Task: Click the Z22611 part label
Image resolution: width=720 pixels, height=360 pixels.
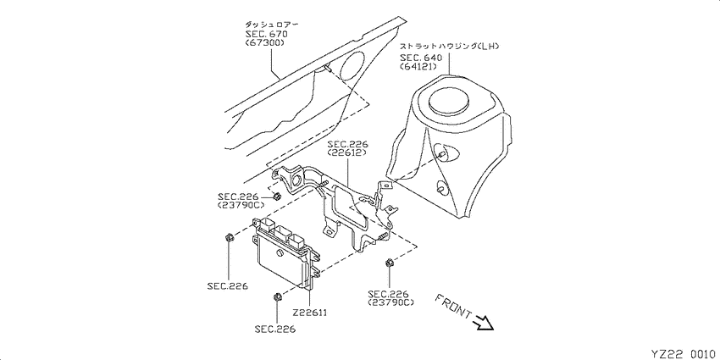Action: pos(309,313)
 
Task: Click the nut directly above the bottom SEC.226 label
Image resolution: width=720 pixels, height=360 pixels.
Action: pos(277,296)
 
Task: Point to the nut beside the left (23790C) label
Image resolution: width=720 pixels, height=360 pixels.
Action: pos(277,197)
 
